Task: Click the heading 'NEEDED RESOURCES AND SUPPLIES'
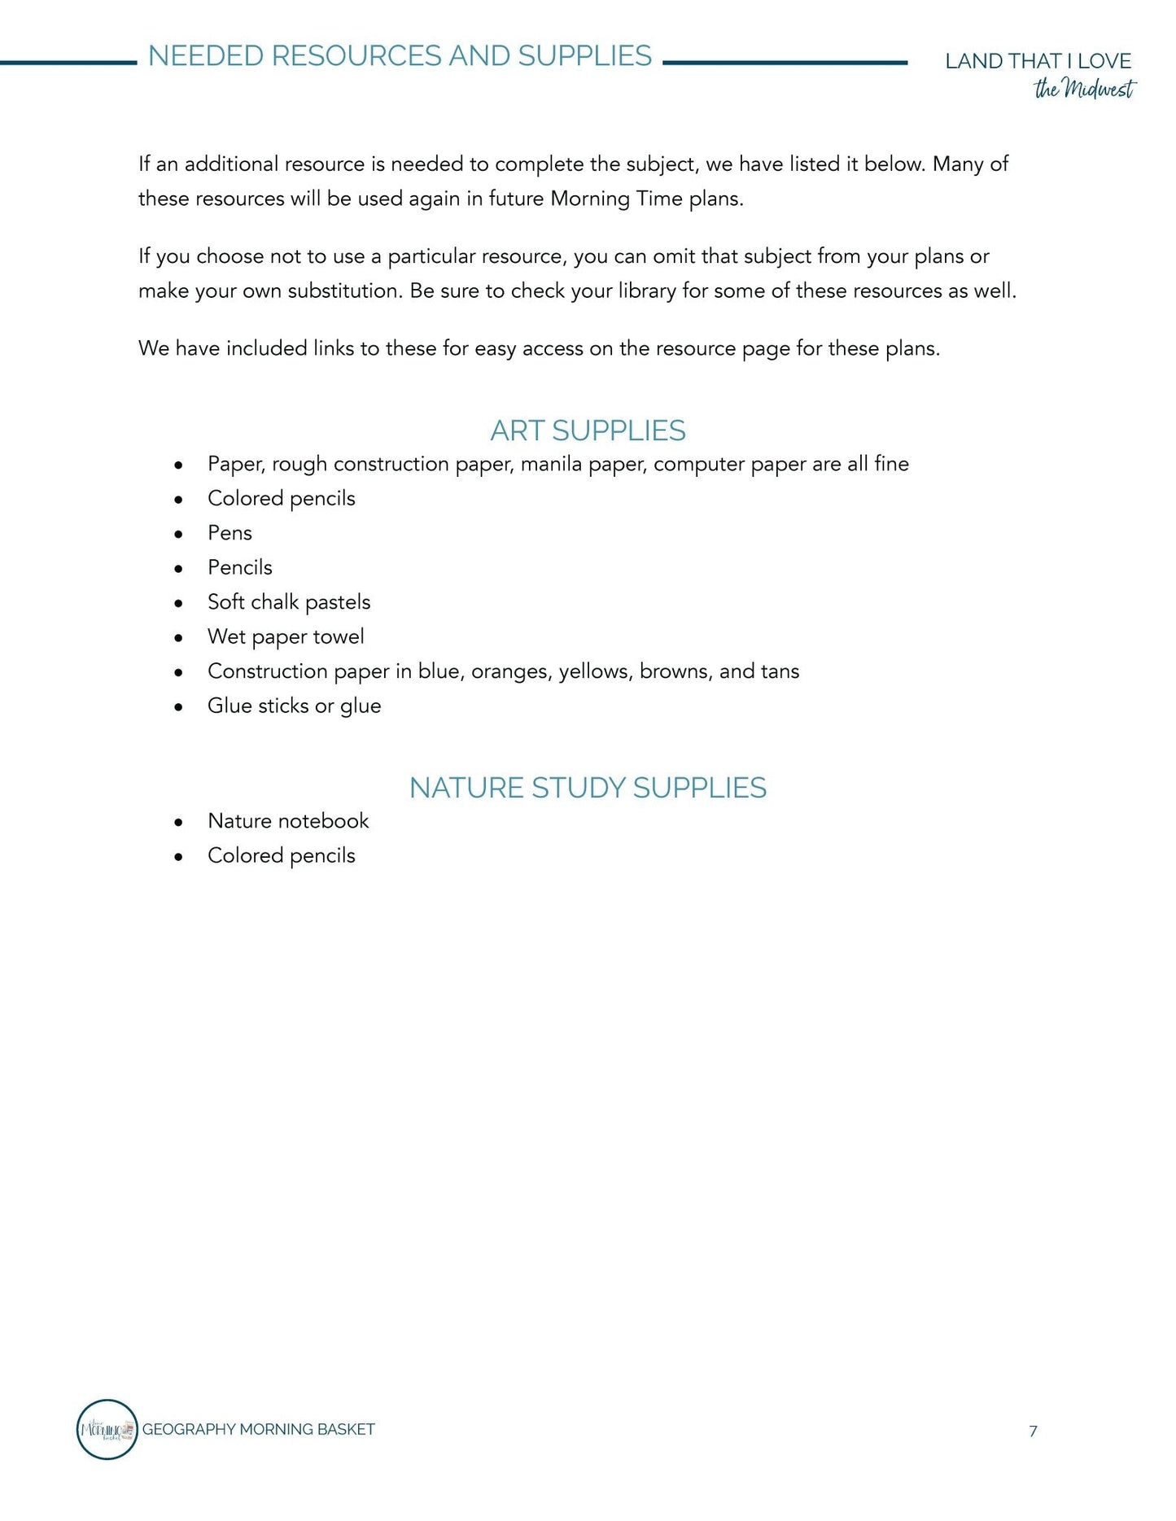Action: coord(400,56)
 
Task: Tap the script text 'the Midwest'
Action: coord(1084,89)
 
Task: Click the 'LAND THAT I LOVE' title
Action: coord(1038,61)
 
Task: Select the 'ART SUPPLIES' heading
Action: coord(588,431)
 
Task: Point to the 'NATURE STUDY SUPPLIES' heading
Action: coord(588,788)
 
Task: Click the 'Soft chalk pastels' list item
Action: coord(289,602)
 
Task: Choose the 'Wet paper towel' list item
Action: coord(286,636)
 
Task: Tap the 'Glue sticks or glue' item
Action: coord(294,706)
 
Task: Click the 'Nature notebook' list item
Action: coord(288,820)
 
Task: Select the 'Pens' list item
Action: coord(230,533)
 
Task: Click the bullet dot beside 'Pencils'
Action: coord(178,569)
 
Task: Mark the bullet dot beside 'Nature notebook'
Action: coord(178,823)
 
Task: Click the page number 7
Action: coord(1033,1431)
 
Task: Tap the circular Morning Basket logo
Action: coord(107,1429)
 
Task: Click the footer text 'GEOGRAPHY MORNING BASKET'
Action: coord(258,1429)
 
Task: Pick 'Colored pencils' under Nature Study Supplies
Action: coord(281,855)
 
